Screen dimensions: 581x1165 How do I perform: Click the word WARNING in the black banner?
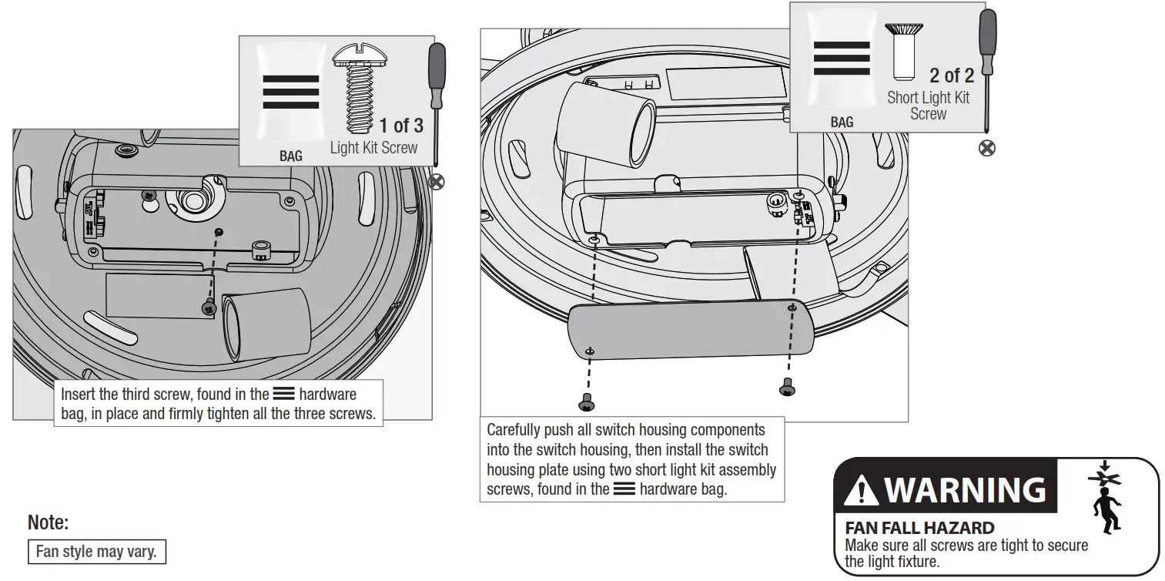pyautogui.click(x=966, y=490)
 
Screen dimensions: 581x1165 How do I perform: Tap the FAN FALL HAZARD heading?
pyautogui.click(x=919, y=529)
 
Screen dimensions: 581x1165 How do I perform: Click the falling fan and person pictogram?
pyautogui.click(x=1105, y=498)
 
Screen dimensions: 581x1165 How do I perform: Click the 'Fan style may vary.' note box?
pyautogui.click(x=96, y=552)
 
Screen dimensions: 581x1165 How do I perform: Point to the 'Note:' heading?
pyautogui.click(x=48, y=523)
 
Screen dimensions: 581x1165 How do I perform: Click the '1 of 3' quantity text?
pyautogui.click(x=400, y=126)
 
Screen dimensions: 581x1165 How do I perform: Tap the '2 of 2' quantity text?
pyautogui.click(x=951, y=76)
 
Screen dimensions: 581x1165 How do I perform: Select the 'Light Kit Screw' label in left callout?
pyautogui.click(x=373, y=148)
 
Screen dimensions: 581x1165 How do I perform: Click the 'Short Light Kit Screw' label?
pyautogui.click(x=928, y=106)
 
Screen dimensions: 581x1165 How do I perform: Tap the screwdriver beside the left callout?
pyautogui.click(x=436, y=100)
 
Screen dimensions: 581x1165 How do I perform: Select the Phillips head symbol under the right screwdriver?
pyautogui.click(x=986, y=148)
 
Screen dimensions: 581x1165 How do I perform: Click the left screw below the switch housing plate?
pyautogui.click(x=585, y=402)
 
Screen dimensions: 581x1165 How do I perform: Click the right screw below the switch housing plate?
pyautogui.click(x=787, y=386)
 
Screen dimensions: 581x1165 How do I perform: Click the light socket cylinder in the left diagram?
pyautogui.click(x=266, y=323)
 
